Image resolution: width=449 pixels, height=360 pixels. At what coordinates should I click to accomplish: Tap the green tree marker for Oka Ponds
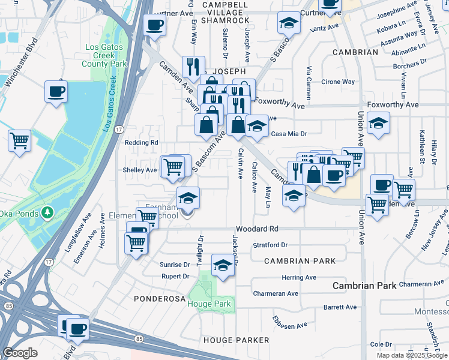point(47,212)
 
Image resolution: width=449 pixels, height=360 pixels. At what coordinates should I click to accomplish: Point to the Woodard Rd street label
point(257,229)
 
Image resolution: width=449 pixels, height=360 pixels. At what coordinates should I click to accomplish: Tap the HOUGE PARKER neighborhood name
point(237,340)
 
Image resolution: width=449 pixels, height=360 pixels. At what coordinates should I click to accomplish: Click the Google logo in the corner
point(20,353)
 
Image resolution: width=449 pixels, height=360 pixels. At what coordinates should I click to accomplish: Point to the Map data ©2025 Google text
point(411,355)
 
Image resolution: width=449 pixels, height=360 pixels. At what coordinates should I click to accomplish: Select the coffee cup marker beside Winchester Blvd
point(56,91)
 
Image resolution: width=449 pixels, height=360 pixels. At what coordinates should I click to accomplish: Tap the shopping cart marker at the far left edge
point(19,141)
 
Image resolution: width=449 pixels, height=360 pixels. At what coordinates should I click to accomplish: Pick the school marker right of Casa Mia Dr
point(378,124)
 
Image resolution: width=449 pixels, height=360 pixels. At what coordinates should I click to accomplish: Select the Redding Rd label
point(141,143)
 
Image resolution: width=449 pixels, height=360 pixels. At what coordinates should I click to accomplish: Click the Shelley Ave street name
point(139,170)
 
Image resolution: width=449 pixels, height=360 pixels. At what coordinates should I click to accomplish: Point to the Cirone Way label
point(338,82)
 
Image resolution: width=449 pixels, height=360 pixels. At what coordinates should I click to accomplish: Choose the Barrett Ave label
point(340,307)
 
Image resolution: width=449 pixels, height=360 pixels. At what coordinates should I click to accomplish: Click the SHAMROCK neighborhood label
point(225,20)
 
